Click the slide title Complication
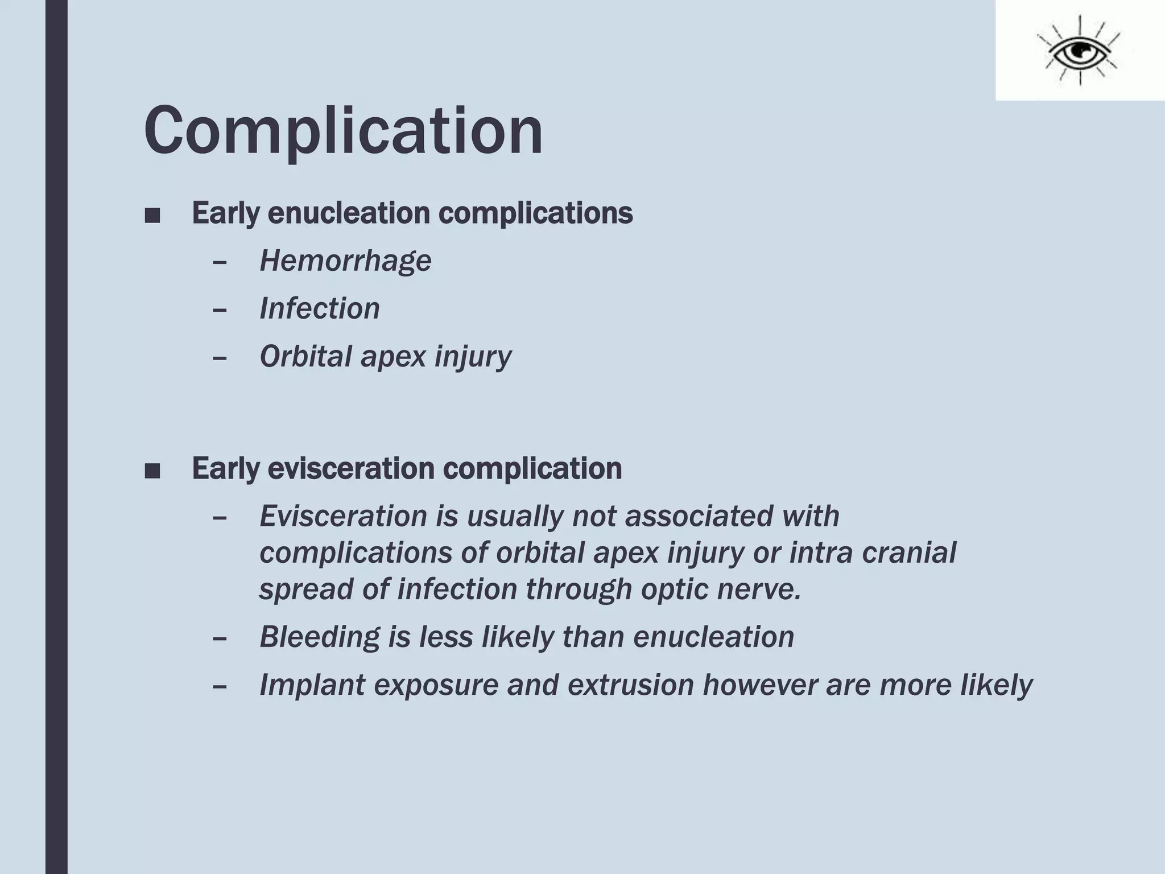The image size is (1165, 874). coord(344,131)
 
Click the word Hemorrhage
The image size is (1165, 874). coord(345,261)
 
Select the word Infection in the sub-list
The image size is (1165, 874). coord(319,308)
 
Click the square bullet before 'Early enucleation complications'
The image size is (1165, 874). coord(152,216)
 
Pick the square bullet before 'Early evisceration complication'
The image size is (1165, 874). coord(152,471)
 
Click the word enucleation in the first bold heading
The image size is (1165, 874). coord(348,213)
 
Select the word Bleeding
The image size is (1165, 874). coord(319,636)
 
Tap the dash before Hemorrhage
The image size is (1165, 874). coord(219,262)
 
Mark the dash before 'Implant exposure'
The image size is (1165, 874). coord(219,686)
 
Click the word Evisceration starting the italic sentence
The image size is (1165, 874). coord(343,516)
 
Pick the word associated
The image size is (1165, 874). coord(699,516)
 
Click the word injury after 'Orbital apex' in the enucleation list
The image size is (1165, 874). coord(473,357)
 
